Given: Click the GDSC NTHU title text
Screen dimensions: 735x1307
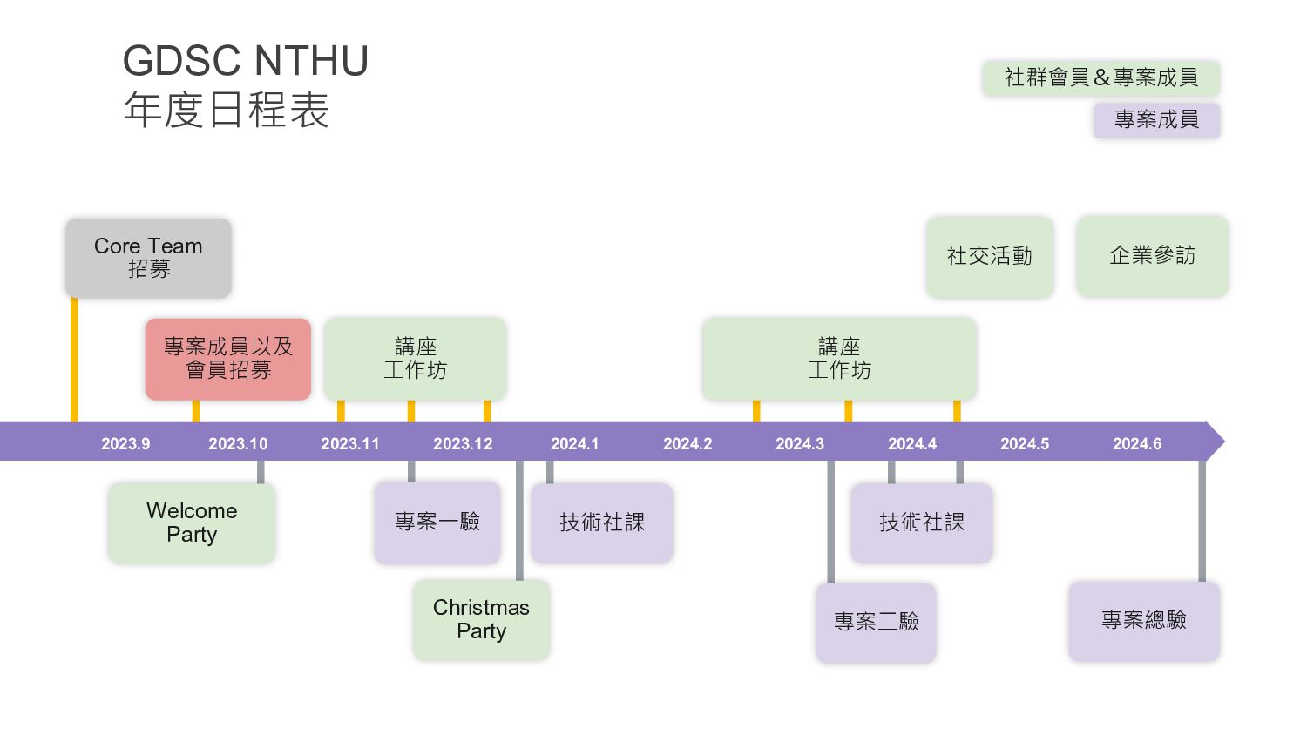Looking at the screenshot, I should [245, 62].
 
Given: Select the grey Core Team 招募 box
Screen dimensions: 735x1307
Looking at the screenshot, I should [148, 258].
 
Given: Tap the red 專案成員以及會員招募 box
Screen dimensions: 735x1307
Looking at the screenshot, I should [228, 359].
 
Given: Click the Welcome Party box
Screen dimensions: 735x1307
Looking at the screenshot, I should [192, 523].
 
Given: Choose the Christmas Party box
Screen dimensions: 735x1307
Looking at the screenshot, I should [481, 619].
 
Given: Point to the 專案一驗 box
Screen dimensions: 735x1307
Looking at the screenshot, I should [437, 522].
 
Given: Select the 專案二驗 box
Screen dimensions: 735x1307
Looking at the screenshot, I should [876, 622].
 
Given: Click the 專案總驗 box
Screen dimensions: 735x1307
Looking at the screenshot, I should [1144, 620].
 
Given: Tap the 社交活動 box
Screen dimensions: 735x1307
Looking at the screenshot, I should [990, 256].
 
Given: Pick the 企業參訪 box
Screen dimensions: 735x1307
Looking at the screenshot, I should [1152, 256].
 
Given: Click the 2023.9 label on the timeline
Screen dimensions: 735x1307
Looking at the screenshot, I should [125, 444].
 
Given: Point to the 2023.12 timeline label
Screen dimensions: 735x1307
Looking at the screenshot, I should [463, 444].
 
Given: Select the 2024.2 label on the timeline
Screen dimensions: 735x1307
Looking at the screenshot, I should [687, 444].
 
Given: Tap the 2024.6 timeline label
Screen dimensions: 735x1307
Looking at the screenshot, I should [1137, 444].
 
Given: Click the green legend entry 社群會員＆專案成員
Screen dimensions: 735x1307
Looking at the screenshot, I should [1100, 78].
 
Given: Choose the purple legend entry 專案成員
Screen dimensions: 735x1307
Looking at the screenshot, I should [1156, 119].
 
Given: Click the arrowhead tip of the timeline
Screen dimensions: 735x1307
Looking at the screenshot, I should [1222, 442].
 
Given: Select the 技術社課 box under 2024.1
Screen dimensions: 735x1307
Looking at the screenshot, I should [602, 523].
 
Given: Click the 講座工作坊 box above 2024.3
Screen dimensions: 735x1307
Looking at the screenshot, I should [839, 359].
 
